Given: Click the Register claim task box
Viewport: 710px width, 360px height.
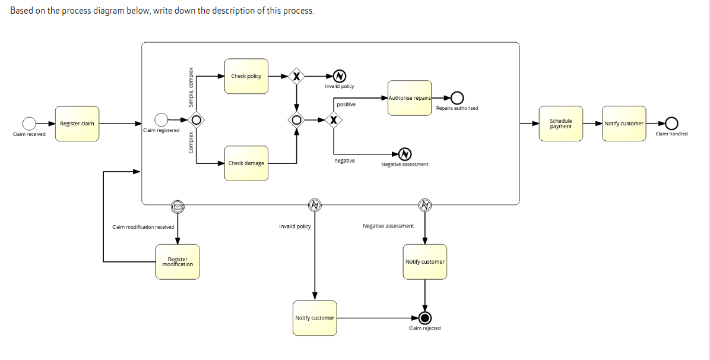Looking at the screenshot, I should [77, 124].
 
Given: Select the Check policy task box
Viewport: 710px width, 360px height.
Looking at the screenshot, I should [246, 76].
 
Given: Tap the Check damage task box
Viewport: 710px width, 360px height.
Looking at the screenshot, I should [246, 163].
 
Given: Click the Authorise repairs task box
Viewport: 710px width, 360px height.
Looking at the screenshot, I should [410, 98].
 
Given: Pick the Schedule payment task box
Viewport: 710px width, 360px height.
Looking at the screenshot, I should [561, 124].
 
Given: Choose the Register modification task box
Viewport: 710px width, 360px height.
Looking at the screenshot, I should [178, 262].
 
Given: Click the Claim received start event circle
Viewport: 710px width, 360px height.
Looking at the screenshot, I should [29, 124].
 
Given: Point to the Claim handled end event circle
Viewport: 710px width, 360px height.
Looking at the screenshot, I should [671, 124].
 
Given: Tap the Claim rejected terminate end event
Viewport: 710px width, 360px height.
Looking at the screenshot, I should [424, 318].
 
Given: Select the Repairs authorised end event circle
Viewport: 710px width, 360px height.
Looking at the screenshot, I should [457, 98].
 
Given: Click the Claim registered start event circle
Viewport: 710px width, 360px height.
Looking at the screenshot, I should [161, 120].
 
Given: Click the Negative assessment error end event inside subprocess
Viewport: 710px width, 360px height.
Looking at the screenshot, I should [404, 154].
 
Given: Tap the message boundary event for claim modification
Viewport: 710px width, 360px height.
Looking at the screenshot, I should [178, 206].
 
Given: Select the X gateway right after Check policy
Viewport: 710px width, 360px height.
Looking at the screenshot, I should [296, 76].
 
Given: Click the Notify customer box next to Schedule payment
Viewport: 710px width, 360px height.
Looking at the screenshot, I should [624, 124].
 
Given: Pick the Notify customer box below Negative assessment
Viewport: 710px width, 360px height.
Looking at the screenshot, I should [424, 262].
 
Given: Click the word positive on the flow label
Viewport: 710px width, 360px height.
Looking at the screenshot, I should [346, 105].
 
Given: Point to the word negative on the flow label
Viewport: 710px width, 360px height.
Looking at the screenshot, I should [345, 161].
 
